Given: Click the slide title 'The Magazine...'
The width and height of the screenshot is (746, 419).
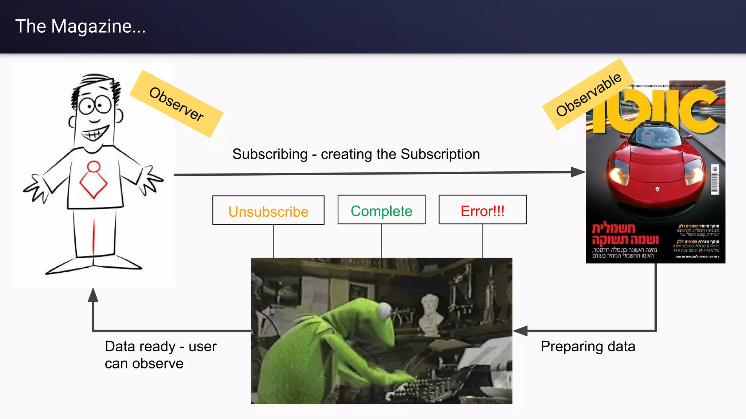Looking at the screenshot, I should [x=81, y=27].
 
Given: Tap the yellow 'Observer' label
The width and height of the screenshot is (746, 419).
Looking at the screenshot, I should [x=176, y=104].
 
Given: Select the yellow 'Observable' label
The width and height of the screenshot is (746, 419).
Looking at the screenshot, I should [x=588, y=94].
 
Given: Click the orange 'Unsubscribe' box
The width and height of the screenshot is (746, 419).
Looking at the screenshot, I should [x=268, y=211].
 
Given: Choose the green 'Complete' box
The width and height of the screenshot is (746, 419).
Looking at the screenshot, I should [x=381, y=210].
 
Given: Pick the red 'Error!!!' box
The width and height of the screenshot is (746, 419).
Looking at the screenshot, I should [x=482, y=210].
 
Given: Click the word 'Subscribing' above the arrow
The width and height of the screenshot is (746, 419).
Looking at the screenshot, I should [x=270, y=154].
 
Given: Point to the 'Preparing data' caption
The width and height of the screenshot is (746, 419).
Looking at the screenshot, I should [x=588, y=346].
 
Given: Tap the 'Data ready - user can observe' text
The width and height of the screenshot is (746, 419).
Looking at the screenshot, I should [x=160, y=355].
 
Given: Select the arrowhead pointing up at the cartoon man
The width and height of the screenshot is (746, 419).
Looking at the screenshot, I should [x=93, y=295].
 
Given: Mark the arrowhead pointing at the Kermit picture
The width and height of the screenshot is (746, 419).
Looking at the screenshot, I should [x=520, y=331].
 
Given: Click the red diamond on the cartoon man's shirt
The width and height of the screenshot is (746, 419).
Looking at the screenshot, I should [x=94, y=184].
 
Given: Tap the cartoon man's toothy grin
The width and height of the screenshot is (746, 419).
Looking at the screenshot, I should [x=95, y=134].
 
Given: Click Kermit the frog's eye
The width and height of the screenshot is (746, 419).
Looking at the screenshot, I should [x=384, y=310].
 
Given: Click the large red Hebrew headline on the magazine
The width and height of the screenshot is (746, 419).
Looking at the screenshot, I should [x=625, y=234].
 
